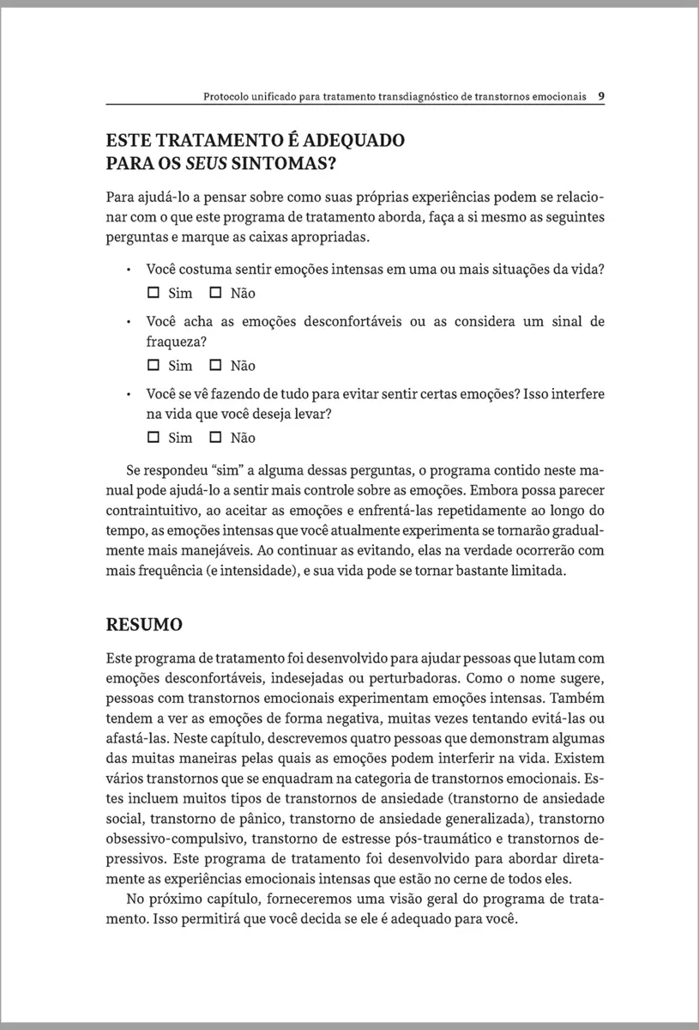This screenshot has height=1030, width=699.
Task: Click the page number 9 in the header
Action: (602, 96)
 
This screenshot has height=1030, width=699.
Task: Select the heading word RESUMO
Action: (144, 624)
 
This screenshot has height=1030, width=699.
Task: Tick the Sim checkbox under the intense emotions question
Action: (154, 293)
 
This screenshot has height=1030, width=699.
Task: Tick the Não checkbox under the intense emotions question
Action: (215, 293)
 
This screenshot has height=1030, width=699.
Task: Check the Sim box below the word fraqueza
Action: (154, 366)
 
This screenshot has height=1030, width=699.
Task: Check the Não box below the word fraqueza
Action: (215, 366)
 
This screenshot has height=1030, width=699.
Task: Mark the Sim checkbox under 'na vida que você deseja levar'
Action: (154, 438)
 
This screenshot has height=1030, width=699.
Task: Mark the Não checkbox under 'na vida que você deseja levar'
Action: (215, 438)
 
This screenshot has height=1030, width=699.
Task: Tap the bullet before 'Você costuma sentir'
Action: (127, 270)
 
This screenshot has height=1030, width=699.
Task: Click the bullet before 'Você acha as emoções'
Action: (127, 323)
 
